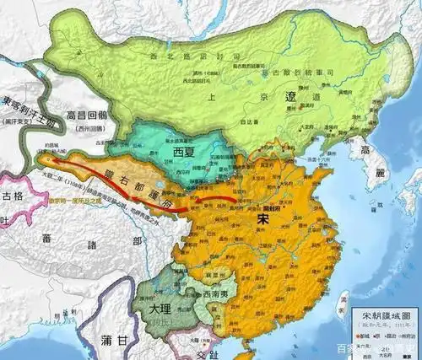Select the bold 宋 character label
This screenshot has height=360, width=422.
pos(263,217)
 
